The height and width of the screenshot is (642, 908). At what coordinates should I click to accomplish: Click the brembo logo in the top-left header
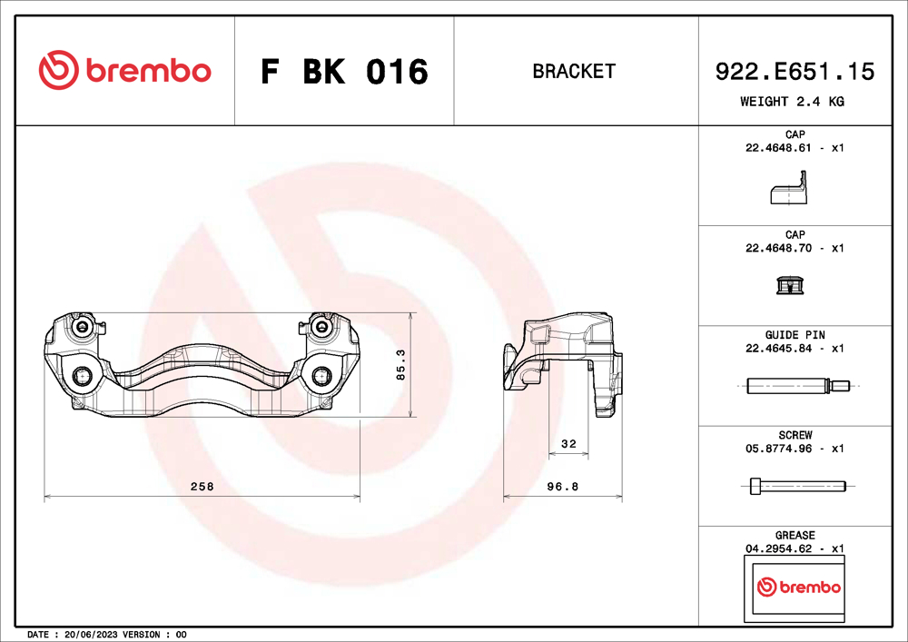125,71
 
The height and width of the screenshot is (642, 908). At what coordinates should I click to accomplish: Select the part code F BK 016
344,72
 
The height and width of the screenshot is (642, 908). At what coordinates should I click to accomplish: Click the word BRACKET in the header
574,71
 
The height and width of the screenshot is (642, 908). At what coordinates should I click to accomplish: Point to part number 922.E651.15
795,71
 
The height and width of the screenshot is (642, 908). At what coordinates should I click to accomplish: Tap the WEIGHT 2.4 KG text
792,102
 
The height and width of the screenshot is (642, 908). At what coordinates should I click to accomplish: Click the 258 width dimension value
202,487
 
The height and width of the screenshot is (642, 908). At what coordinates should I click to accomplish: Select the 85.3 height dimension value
400,365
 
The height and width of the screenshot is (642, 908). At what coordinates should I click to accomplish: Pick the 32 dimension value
569,444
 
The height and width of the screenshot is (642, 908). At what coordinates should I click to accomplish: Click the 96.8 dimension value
563,487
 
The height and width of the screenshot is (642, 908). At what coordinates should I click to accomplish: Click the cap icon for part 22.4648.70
788,287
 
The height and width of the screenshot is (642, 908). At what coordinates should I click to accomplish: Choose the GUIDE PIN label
794,335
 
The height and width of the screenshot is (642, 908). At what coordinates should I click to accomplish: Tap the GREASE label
794,536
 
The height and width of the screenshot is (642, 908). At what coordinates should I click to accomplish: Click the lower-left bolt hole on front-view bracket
83,377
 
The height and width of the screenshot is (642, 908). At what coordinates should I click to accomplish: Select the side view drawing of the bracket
563,363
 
